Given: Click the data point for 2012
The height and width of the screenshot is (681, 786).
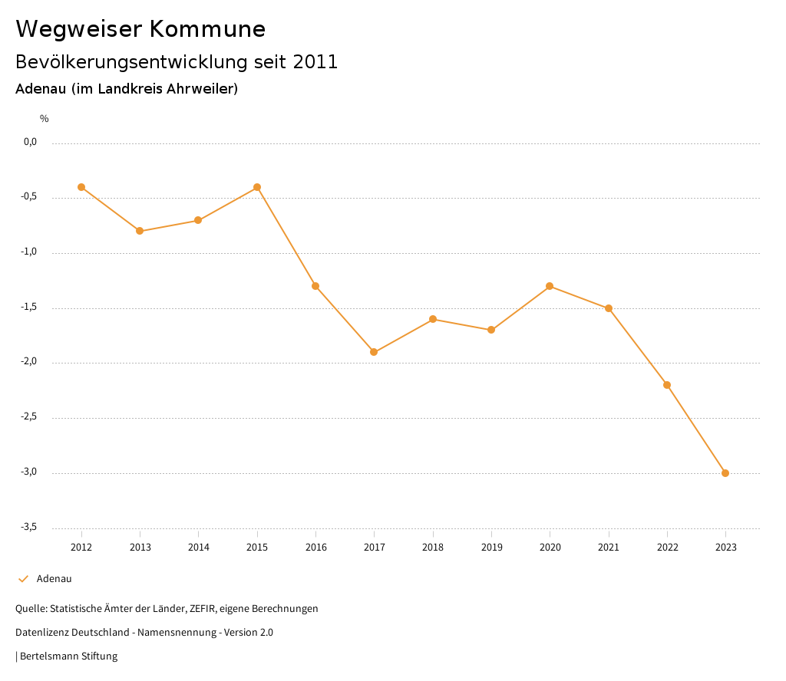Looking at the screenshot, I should click(81, 187).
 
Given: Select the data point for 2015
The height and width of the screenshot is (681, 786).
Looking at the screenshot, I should click(257, 187).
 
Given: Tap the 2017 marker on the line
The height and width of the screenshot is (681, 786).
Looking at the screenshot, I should click(374, 352).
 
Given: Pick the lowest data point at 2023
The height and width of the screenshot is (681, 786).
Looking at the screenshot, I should click(725, 473).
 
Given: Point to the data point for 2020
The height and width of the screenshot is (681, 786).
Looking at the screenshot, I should click(550, 286).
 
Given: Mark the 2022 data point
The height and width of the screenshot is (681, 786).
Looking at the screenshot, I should click(667, 385).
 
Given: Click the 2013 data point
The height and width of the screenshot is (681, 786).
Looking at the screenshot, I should click(140, 231).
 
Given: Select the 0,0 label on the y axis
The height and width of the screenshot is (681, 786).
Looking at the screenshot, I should click(31, 142).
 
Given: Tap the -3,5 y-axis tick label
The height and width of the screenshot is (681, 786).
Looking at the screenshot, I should click(30, 527).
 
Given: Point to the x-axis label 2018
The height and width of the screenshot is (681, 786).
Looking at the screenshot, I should click(433, 548).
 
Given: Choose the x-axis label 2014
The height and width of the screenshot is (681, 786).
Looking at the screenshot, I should click(198, 548).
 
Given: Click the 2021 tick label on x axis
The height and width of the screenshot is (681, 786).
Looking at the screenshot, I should click(609, 548).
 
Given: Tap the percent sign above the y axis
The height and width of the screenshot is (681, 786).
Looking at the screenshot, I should click(45, 119).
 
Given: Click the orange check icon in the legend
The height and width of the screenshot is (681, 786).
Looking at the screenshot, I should click(23, 579).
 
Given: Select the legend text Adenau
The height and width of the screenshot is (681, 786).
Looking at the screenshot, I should click(54, 579).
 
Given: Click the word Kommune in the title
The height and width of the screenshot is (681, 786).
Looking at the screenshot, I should click(207, 29).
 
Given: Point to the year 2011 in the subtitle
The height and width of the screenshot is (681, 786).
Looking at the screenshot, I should click(315, 62).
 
